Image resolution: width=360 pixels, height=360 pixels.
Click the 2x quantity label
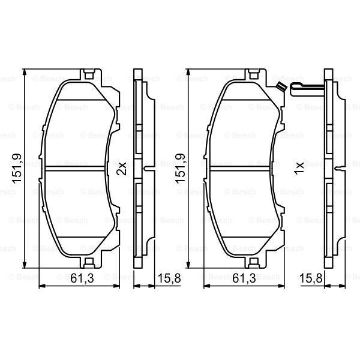coord(121,169)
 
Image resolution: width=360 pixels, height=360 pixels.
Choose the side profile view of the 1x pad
coord(329,169)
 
